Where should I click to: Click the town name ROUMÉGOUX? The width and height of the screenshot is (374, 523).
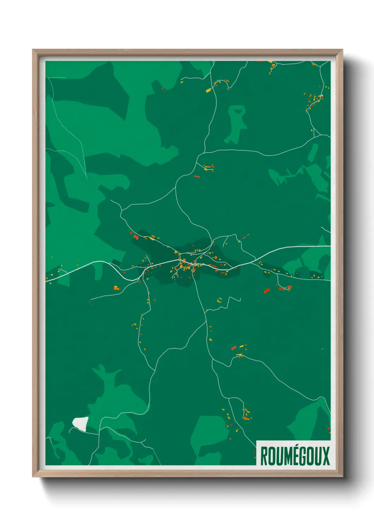[x=295, y=456]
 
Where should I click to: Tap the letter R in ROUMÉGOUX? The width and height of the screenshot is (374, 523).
[x=264, y=456]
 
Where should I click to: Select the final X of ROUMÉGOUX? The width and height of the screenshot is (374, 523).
[x=326, y=456]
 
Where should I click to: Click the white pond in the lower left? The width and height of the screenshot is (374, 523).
[x=81, y=423]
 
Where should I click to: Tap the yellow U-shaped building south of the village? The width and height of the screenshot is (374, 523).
[x=220, y=300]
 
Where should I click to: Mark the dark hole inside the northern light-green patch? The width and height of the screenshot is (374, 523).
[x=239, y=111]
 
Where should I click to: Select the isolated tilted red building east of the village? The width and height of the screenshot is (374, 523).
[x=267, y=291]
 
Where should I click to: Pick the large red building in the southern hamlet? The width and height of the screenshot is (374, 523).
[x=233, y=348]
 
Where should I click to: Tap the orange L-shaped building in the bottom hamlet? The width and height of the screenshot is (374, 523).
[x=246, y=418]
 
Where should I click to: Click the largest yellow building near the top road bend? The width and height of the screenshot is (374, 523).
[x=209, y=90]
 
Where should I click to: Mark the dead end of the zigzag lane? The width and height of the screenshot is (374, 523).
[x=240, y=300]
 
